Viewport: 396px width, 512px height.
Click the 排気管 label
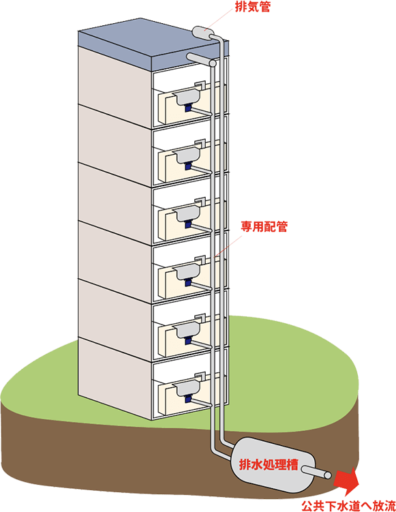(253, 7)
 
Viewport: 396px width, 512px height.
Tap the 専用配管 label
(264, 226)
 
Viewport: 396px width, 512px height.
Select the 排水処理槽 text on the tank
(269, 464)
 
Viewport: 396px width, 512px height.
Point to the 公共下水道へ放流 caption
(348, 506)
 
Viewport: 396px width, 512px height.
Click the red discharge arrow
(347, 481)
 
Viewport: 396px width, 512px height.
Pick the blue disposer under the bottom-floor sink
(188, 399)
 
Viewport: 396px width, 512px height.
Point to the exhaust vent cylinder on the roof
(202, 32)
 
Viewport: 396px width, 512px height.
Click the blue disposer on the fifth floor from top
(188, 341)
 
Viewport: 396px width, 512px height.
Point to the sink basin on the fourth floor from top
(187, 272)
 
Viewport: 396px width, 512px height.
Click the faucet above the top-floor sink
(200, 85)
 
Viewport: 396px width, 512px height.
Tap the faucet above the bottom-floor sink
(200, 375)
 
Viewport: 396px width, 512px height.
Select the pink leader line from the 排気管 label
(221, 20)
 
